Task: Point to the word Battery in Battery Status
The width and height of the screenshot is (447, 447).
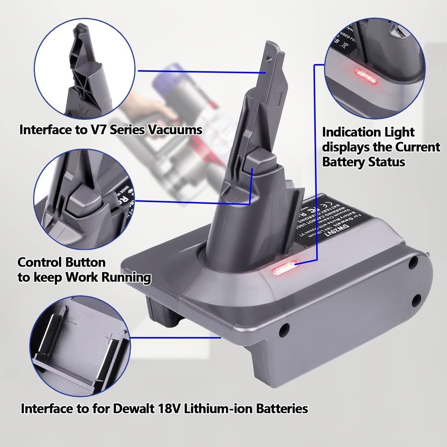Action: tap(342, 162)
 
